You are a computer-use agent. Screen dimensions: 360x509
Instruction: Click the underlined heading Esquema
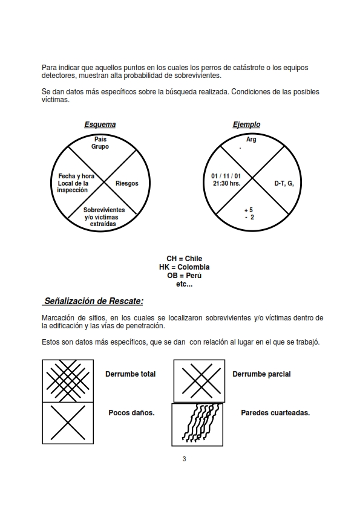(x=100, y=125)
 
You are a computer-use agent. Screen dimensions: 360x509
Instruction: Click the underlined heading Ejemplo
(x=246, y=125)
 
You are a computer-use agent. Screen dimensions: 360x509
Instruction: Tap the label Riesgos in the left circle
(x=126, y=183)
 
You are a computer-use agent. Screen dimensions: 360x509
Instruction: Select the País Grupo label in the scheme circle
(x=100, y=143)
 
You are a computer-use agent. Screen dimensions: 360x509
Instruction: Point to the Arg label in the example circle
(x=251, y=139)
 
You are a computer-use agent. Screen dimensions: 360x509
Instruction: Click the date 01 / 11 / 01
(x=226, y=176)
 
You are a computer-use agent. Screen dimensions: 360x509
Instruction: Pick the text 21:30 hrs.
(x=227, y=183)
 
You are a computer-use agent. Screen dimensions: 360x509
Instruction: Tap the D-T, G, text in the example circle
(x=284, y=183)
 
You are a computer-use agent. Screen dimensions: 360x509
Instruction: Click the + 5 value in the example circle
(x=249, y=210)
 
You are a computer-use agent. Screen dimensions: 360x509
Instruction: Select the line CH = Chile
(x=184, y=259)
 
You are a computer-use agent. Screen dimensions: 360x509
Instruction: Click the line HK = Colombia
(x=184, y=267)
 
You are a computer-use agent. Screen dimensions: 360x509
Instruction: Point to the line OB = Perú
(x=184, y=276)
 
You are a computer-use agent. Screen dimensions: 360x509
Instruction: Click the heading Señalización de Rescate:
(x=94, y=301)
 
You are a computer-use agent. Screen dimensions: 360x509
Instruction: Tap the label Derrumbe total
(x=130, y=374)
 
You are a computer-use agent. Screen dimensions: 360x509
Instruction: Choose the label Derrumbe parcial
(x=261, y=374)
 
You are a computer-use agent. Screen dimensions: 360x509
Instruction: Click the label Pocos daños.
(x=131, y=413)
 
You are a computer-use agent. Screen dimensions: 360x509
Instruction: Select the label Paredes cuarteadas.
(x=275, y=413)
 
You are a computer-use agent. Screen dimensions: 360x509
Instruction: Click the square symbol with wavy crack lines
(x=197, y=424)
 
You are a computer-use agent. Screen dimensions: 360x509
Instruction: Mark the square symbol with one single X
(x=68, y=423)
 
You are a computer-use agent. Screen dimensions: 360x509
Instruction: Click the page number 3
(x=184, y=459)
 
